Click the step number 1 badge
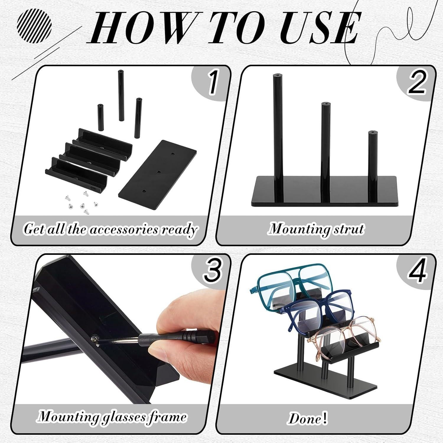(212, 84)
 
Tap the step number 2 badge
(417, 84)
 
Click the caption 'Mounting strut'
(316, 229)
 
